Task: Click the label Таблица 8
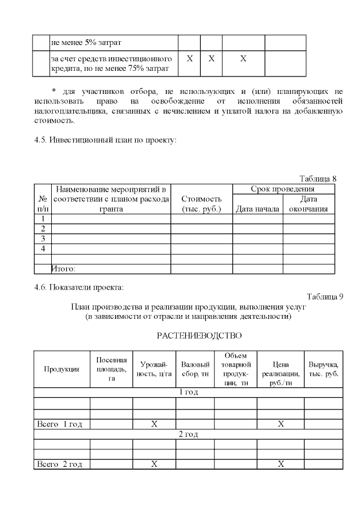coord(317,178)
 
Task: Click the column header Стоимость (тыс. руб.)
coord(201,204)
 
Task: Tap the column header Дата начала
coord(257,209)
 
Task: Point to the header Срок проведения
coord(282,189)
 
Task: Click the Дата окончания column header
coord(308,204)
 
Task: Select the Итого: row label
coord(64,269)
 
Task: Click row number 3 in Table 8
coord(43,238)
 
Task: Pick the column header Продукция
coord(62,369)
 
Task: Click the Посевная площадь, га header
coord(111,369)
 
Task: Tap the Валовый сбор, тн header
coord(195,369)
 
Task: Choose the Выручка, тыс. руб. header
coord(323,369)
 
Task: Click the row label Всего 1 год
coord(59,424)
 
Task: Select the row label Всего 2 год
coord(59,464)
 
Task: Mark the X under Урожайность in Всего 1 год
coord(154,424)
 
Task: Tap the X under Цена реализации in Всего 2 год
coord(281,464)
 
